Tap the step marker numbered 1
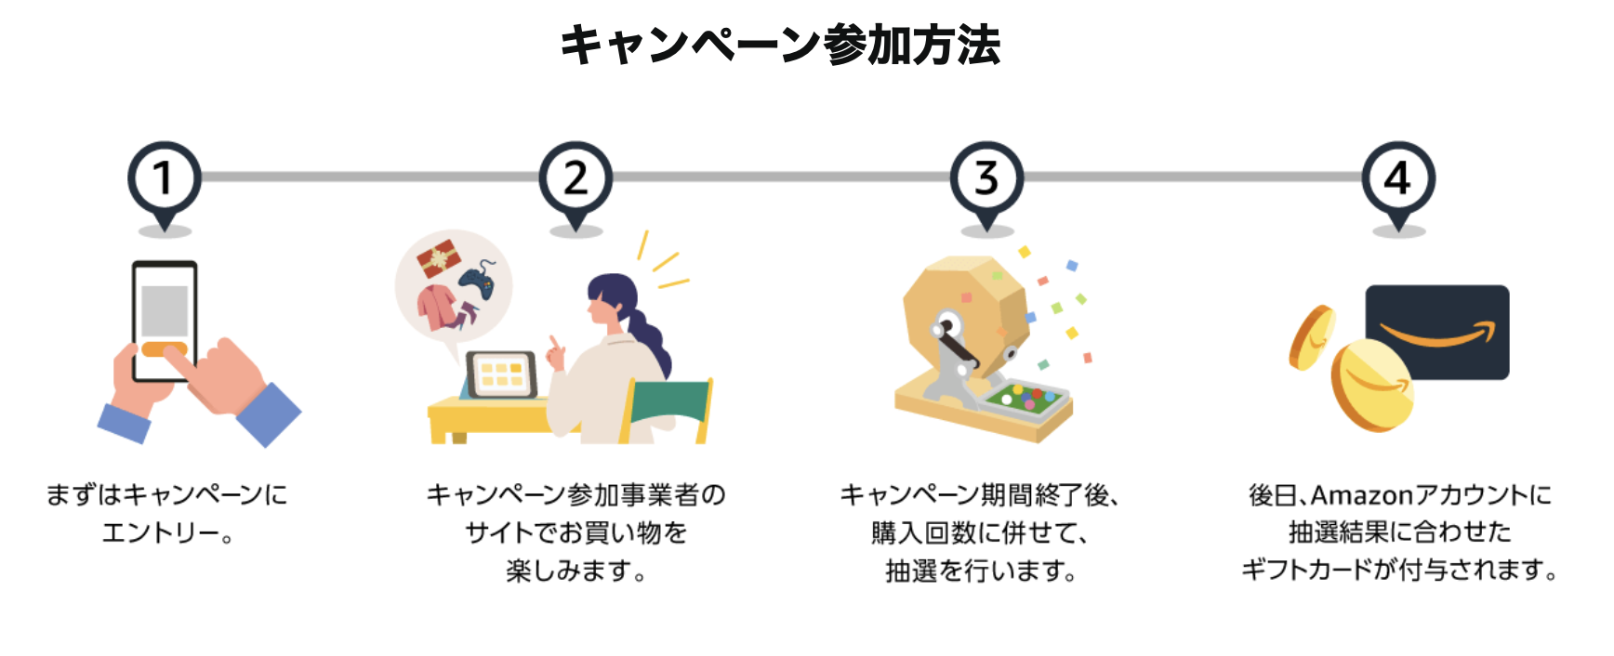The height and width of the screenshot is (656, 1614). pyautogui.click(x=165, y=178)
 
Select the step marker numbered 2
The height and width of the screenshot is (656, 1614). pyautogui.click(x=575, y=178)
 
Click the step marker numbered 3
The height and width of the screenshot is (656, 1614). pyautogui.click(x=986, y=178)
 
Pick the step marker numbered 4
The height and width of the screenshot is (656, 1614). pyautogui.click(x=1397, y=178)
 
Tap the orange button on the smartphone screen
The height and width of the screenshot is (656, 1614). pyautogui.click(x=165, y=350)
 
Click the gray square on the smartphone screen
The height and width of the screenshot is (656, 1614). pyautogui.click(x=165, y=309)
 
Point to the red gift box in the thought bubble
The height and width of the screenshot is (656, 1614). pyautogui.click(x=438, y=257)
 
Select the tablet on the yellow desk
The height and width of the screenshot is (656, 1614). pyautogui.click(x=501, y=374)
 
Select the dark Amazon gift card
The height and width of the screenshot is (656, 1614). pyautogui.click(x=1437, y=330)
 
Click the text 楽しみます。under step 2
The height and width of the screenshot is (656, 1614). pyautogui.click(x=576, y=571)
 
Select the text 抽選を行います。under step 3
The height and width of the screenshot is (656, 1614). pyautogui.click(x=981, y=571)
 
